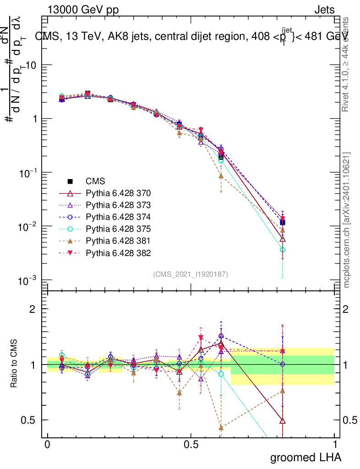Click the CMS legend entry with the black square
click(93, 180)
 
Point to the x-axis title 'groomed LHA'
click(305, 457)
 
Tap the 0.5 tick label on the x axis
click(191, 445)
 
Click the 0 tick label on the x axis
click(47, 445)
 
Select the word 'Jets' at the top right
click(324, 10)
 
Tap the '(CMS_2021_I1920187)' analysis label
click(190, 274)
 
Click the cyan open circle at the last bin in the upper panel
click(283, 250)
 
